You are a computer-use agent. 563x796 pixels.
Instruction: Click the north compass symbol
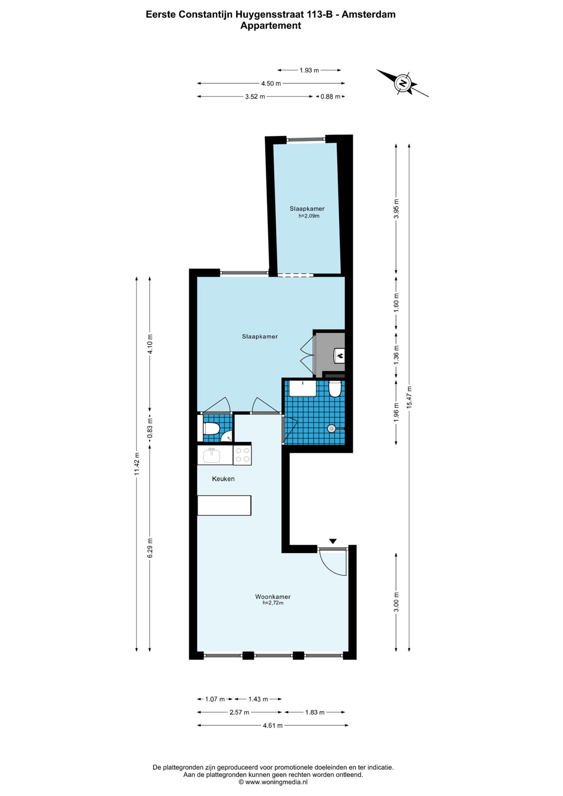(x=402, y=83)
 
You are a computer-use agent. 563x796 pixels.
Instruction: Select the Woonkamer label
(x=273, y=597)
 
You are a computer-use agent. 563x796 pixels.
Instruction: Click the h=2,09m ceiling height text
(x=309, y=216)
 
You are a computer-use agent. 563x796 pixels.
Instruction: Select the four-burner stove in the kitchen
(x=242, y=455)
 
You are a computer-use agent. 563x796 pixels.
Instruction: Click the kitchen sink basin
(x=211, y=455)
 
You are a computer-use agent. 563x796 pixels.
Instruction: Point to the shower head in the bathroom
(x=332, y=429)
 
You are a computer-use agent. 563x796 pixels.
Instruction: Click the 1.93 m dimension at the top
(x=309, y=70)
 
